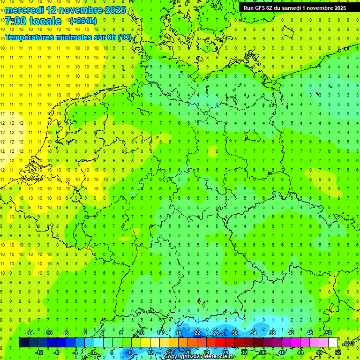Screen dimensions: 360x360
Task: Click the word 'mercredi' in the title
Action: click(x=24, y=10)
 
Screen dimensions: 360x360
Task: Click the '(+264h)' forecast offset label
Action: click(x=83, y=21)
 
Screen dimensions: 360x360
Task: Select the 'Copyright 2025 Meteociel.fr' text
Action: click(x=199, y=357)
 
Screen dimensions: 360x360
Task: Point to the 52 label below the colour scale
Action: click(x=338, y=352)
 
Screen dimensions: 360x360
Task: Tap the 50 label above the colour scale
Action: click(x=328, y=333)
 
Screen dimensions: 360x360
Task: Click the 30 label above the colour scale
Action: click(x=234, y=333)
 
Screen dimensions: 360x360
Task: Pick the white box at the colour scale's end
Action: click(x=333, y=343)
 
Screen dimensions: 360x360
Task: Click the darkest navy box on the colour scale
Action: click(x=23, y=343)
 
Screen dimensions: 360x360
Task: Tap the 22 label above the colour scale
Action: click(x=197, y=333)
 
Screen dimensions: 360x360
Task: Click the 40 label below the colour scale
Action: click(x=281, y=352)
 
